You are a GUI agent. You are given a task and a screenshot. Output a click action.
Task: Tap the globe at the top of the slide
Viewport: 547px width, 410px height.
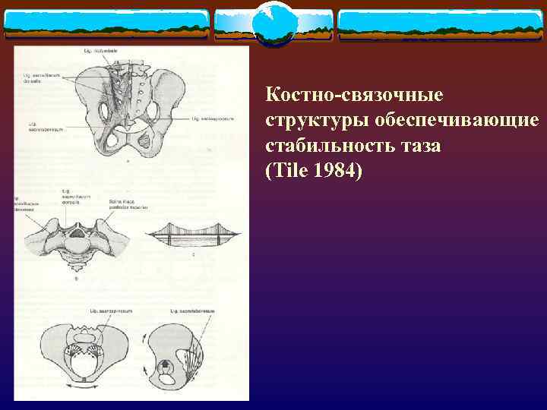point(273,23)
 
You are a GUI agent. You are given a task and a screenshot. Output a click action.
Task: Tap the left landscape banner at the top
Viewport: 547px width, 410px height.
point(106,25)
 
